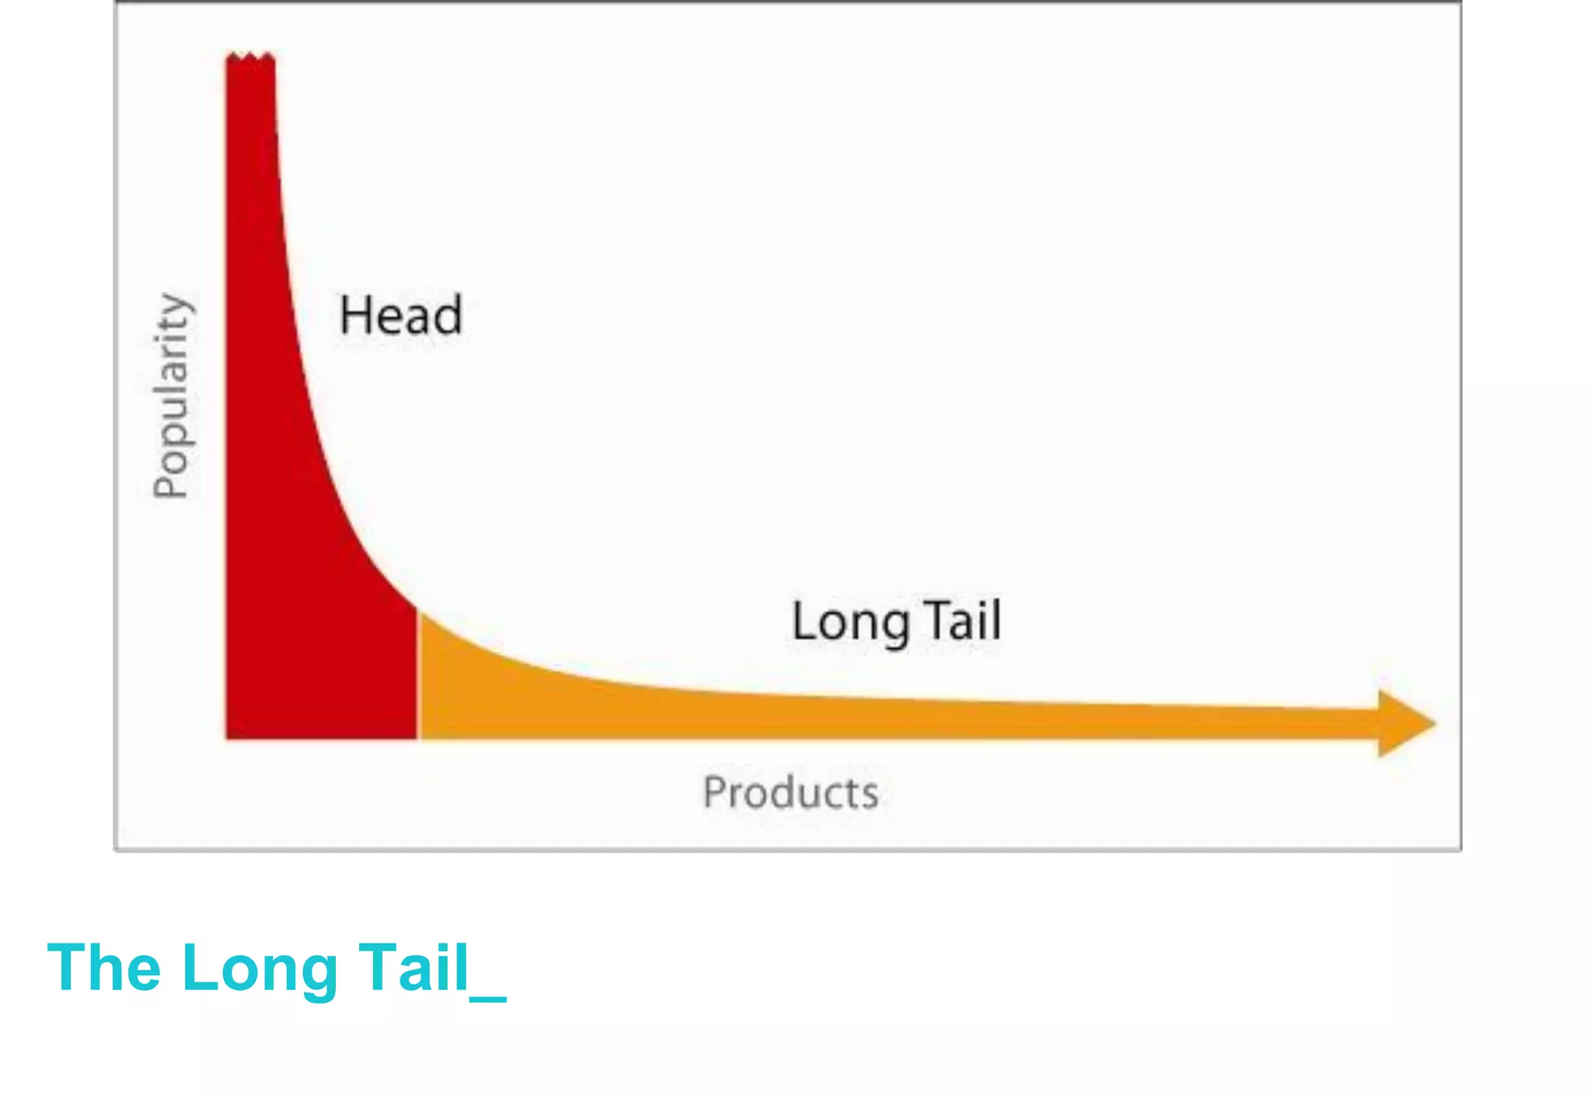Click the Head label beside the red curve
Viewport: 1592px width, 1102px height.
tap(400, 315)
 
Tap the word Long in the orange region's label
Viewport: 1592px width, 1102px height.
tap(850, 622)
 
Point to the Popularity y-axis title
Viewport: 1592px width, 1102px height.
tap(172, 396)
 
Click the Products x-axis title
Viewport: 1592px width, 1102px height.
tap(791, 793)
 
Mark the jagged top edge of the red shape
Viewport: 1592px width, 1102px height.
tap(250, 57)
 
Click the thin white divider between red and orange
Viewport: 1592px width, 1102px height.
tap(417, 676)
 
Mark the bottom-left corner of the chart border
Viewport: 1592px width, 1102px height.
tap(116, 849)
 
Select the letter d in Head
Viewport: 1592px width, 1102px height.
tap(449, 315)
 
